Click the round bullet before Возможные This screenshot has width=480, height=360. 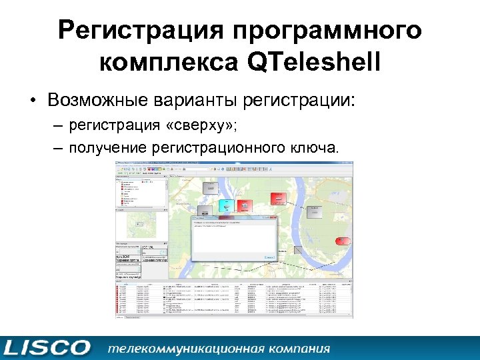pos(31,101)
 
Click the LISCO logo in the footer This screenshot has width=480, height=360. pos(47,347)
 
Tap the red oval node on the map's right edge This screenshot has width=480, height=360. pos(343,241)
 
